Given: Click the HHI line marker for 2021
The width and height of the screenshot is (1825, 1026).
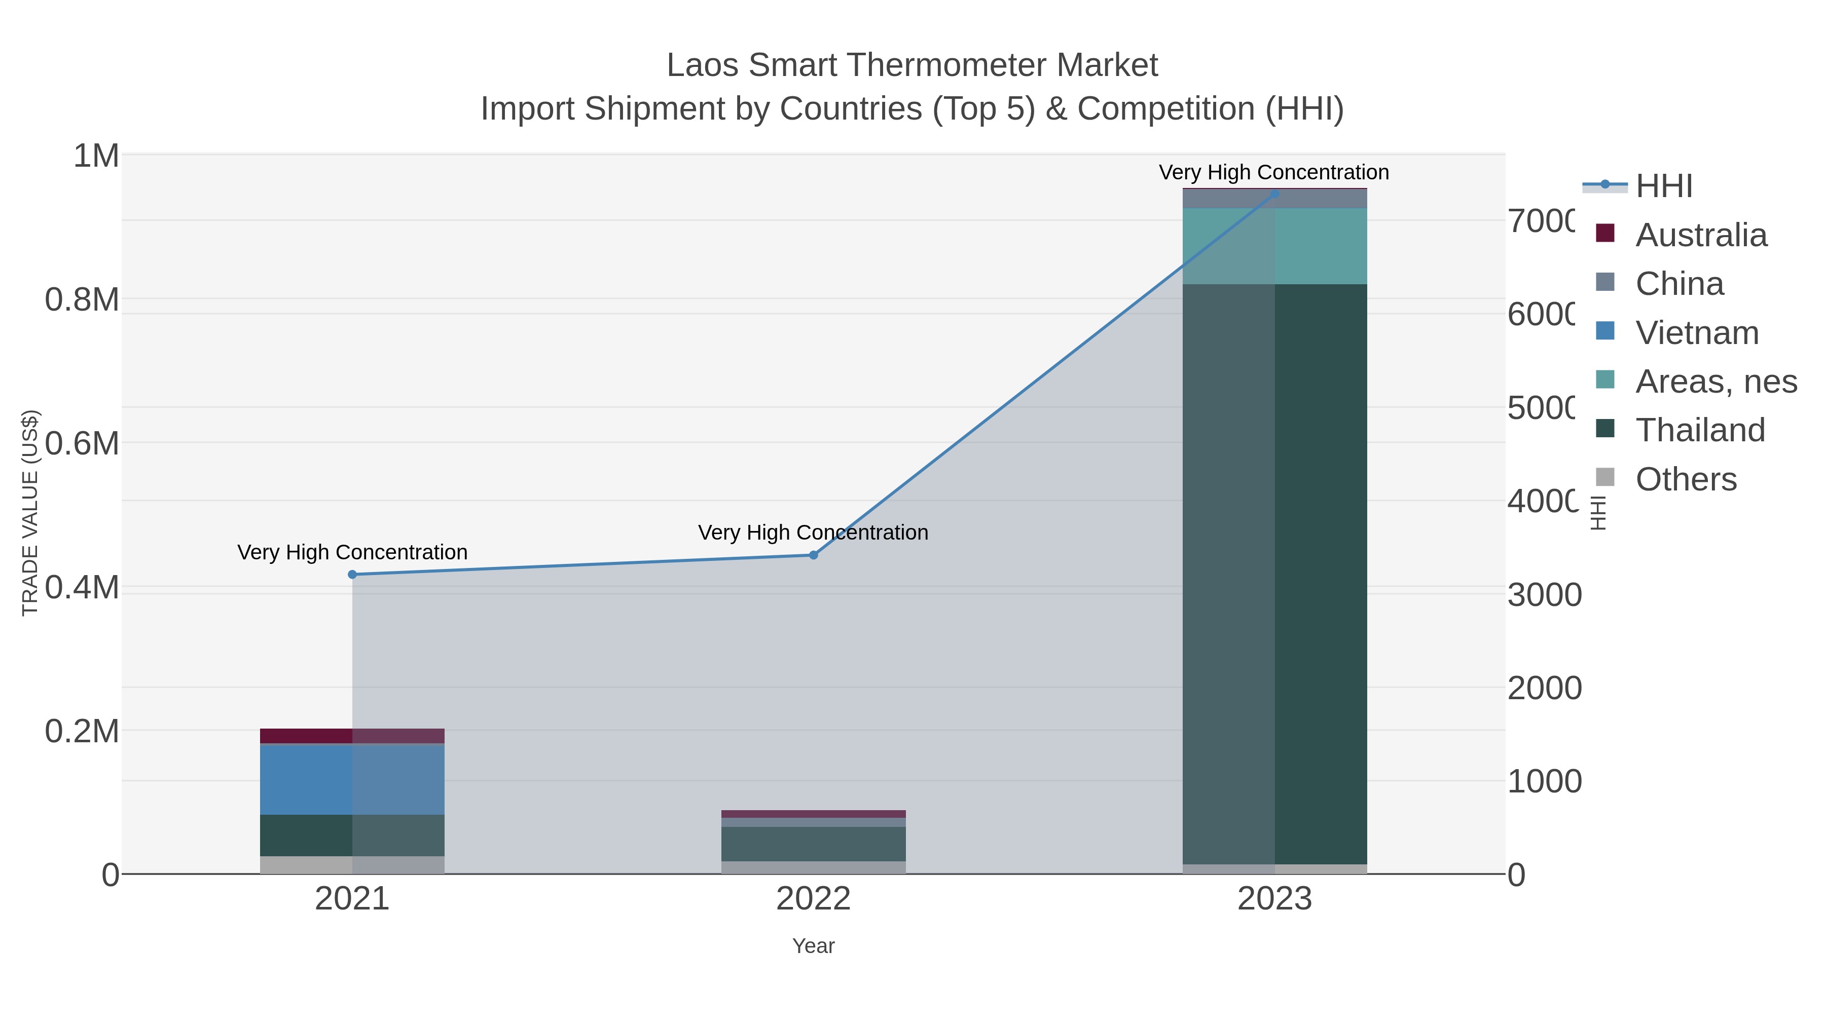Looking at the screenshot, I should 352,574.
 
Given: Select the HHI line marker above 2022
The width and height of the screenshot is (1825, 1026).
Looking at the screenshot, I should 813,555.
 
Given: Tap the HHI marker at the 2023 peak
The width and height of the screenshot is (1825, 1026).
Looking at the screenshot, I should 1274,194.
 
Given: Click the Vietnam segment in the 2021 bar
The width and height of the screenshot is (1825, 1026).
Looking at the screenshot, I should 352,779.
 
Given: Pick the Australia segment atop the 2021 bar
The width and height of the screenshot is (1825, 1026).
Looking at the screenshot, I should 352,736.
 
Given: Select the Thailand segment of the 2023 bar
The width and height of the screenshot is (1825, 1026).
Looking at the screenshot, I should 1274,574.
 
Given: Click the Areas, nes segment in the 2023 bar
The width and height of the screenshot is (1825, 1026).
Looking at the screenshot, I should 1274,246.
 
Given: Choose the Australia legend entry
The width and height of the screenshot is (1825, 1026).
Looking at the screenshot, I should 1701,235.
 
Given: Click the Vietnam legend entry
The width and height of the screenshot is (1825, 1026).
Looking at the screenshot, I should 1697,333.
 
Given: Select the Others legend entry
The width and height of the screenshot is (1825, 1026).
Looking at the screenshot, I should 1686,479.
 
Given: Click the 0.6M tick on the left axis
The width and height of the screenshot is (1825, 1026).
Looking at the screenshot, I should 82,444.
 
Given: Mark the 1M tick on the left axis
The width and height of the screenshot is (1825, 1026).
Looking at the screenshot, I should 96,156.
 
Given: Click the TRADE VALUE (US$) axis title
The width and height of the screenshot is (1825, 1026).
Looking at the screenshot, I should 30,513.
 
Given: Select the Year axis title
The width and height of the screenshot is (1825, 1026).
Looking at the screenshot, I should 813,946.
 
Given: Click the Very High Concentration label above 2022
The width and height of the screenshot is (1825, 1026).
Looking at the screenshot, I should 813,533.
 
